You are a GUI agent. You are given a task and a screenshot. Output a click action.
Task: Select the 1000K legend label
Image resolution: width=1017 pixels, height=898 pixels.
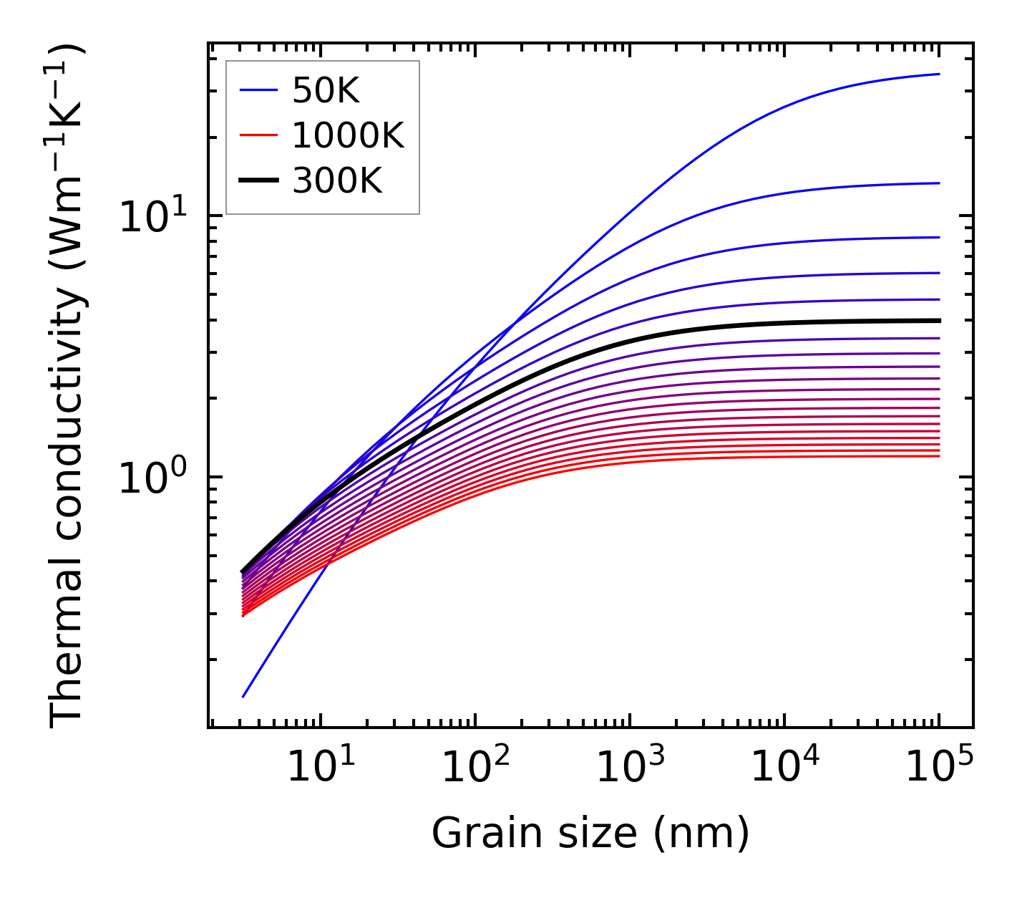click(348, 135)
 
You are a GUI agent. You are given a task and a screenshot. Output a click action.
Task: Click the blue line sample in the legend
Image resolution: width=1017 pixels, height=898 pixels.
click(258, 90)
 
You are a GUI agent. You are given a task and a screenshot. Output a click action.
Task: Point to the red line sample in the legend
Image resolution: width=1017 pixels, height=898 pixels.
click(258, 135)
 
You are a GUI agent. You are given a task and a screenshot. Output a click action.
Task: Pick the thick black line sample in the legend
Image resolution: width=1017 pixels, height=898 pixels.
click(258, 180)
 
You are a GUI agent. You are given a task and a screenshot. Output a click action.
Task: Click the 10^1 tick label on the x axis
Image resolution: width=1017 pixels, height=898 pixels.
click(320, 768)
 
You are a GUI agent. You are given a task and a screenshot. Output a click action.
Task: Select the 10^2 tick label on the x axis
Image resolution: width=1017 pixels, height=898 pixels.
click(475, 768)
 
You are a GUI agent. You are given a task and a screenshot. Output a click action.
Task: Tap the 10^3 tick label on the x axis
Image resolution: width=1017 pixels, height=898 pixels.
click(629, 768)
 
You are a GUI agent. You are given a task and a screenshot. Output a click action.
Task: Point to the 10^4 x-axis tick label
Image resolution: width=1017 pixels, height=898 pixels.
click(784, 768)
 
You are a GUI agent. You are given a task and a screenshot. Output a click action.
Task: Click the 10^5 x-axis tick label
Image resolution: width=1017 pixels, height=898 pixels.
click(938, 768)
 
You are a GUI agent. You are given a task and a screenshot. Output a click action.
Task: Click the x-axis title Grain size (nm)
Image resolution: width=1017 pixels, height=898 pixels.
click(590, 834)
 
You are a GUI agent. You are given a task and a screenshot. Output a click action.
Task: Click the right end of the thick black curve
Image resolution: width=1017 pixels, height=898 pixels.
click(938, 320)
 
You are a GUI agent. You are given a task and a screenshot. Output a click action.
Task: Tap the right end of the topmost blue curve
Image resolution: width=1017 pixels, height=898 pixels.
click(938, 74)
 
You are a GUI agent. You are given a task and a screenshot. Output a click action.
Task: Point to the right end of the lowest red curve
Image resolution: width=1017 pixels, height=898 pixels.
click(938, 456)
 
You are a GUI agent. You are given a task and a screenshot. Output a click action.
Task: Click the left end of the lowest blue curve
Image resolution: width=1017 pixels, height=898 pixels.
click(244, 696)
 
